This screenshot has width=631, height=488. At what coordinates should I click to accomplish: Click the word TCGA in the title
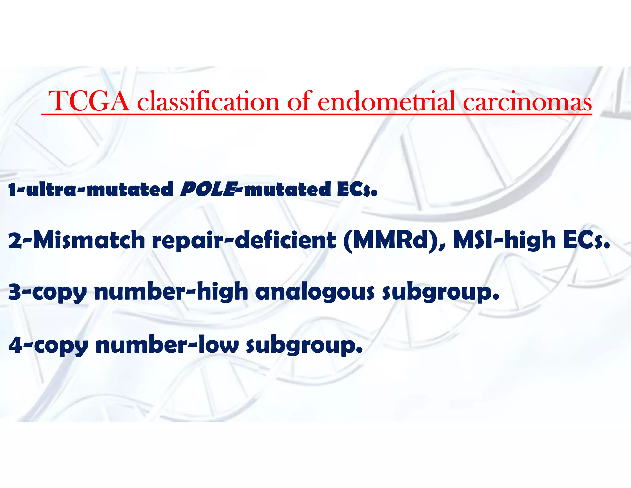point(89,102)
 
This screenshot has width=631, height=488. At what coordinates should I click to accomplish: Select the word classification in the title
point(208,102)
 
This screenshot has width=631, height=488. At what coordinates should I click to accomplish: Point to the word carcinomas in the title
point(527,102)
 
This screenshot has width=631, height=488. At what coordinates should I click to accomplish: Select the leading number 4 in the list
point(15,345)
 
